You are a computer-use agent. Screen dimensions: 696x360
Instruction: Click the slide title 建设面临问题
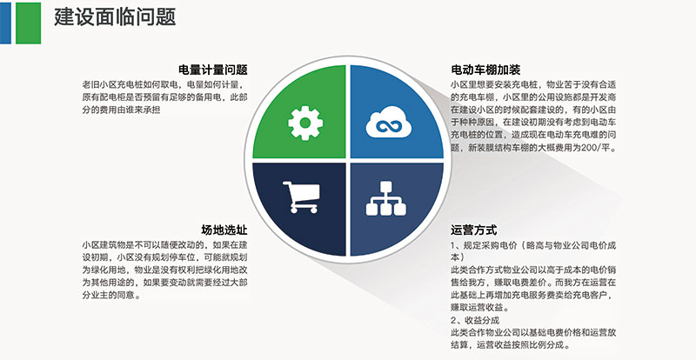click(115, 17)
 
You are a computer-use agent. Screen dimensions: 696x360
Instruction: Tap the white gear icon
click(305, 123)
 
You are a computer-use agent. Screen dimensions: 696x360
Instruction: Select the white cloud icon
click(388, 122)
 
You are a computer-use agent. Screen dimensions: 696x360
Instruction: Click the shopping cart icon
click(301, 197)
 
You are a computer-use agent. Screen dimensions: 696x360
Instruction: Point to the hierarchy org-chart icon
click(385, 198)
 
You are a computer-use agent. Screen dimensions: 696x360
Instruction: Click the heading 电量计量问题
click(212, 70)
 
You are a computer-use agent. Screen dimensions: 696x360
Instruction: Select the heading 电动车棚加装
click(485, 70)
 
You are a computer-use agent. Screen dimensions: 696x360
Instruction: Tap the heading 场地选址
click(224, 230)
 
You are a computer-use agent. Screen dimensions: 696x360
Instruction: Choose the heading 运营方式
click(473, 230)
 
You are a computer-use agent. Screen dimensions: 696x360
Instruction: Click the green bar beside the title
click(29, 23)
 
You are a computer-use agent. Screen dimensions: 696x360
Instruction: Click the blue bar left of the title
click(5, 23)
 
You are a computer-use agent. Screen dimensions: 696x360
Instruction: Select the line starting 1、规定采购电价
click(533, 245)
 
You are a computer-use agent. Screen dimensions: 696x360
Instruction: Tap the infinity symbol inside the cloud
click(388, 125)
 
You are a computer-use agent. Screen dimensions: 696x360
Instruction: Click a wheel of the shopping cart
click(293, 210)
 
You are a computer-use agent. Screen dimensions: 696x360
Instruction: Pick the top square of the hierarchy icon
click(385, 186)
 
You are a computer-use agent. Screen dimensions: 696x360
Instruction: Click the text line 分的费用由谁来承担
click(121, 110)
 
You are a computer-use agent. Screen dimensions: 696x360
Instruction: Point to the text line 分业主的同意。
click(111, 295)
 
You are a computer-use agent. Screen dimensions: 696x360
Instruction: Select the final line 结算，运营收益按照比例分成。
click(511, 345)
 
